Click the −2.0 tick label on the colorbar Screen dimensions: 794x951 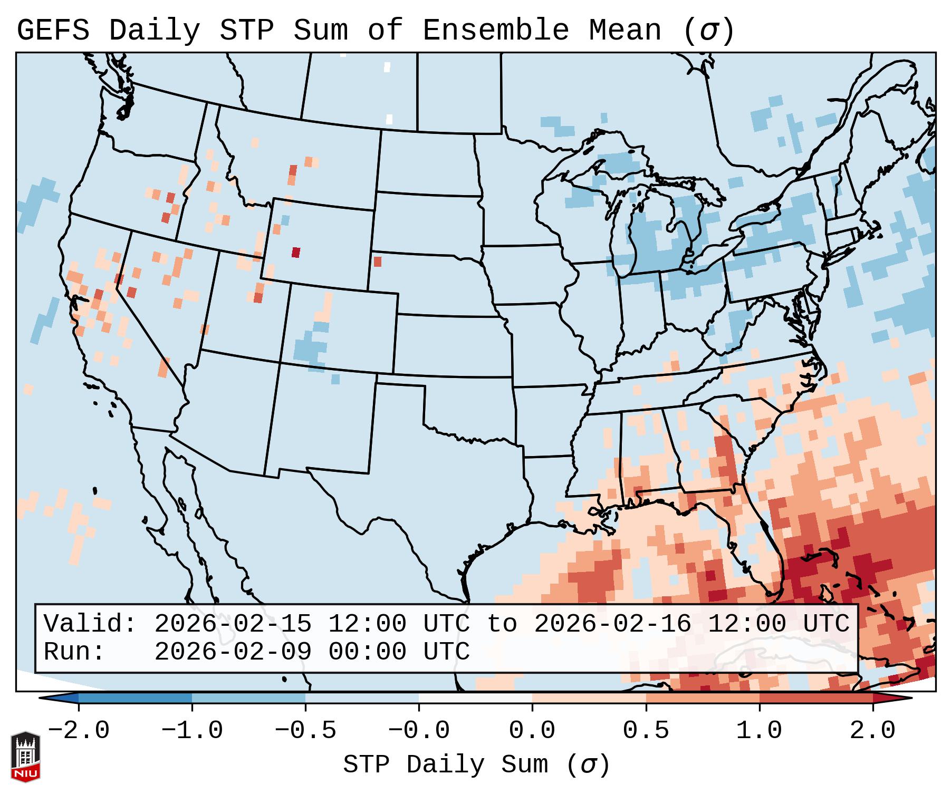click(x=79, y=731)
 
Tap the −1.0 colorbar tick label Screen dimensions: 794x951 click(x=192, y=731)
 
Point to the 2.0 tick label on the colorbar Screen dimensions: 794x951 click(x=873, y=731)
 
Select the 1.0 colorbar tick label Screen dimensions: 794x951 click(x=760, y=731)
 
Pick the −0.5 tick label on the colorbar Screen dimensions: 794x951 click(x=305, y=731)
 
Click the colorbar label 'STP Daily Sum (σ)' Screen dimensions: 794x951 click(x=476, y=764)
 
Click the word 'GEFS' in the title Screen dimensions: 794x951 click(x=53, y=31)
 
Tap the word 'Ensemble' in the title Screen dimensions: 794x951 click(x=496, y=31)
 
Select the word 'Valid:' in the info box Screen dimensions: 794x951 click(x=90, y=624)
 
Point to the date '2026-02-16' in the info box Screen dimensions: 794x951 click(x=612, y=624)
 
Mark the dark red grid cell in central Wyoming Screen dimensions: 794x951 click(x=295, y=252)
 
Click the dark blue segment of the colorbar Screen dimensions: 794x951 click(x=135, y=698)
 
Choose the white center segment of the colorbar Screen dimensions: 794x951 click(x=475, y=698)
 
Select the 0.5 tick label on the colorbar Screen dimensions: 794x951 click(x=646, y=731)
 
